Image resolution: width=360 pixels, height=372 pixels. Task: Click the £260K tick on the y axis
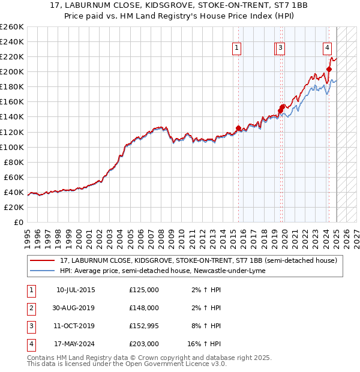click(x=12, y=27)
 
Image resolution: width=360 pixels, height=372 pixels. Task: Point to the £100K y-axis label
click(x=12, y=147)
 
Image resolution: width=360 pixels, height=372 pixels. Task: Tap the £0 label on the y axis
click(x=19, y=222)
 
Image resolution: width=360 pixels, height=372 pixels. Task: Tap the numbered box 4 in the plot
click(x=328, y=48)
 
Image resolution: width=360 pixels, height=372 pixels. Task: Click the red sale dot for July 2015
click(x=238, y=128)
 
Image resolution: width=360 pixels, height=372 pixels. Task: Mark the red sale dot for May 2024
click(x=329, y=70)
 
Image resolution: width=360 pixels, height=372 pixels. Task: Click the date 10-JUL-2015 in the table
click(x=76, y=290)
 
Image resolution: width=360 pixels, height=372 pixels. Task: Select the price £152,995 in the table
click(x=144, y=326)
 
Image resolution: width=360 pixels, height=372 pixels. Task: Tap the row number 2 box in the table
click(x=31, y=308)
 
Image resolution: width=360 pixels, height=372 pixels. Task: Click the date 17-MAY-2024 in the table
click(x=76, y=344)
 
